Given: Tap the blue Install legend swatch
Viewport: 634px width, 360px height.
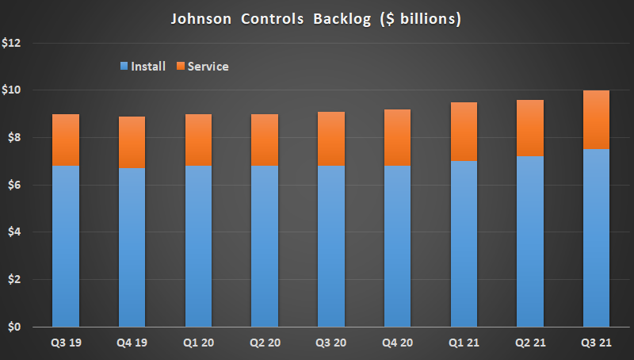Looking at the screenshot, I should (122, 67).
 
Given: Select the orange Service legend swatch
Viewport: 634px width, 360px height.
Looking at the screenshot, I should (180, 67).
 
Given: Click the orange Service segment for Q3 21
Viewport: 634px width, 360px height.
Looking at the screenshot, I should (595, 120).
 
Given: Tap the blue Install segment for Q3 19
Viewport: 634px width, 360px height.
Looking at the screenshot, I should (65, 246).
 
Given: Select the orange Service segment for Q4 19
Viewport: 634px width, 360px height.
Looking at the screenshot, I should (132, 142).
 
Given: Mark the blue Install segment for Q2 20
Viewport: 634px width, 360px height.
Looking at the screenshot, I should (264, 246).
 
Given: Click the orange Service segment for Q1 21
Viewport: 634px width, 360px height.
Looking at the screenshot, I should (463, 132).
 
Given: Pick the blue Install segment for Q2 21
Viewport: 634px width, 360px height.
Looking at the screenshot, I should (529, 242).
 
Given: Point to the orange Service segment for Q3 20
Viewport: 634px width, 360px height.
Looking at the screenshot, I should (330, 139).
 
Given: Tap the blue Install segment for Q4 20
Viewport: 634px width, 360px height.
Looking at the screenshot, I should (396, 246).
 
